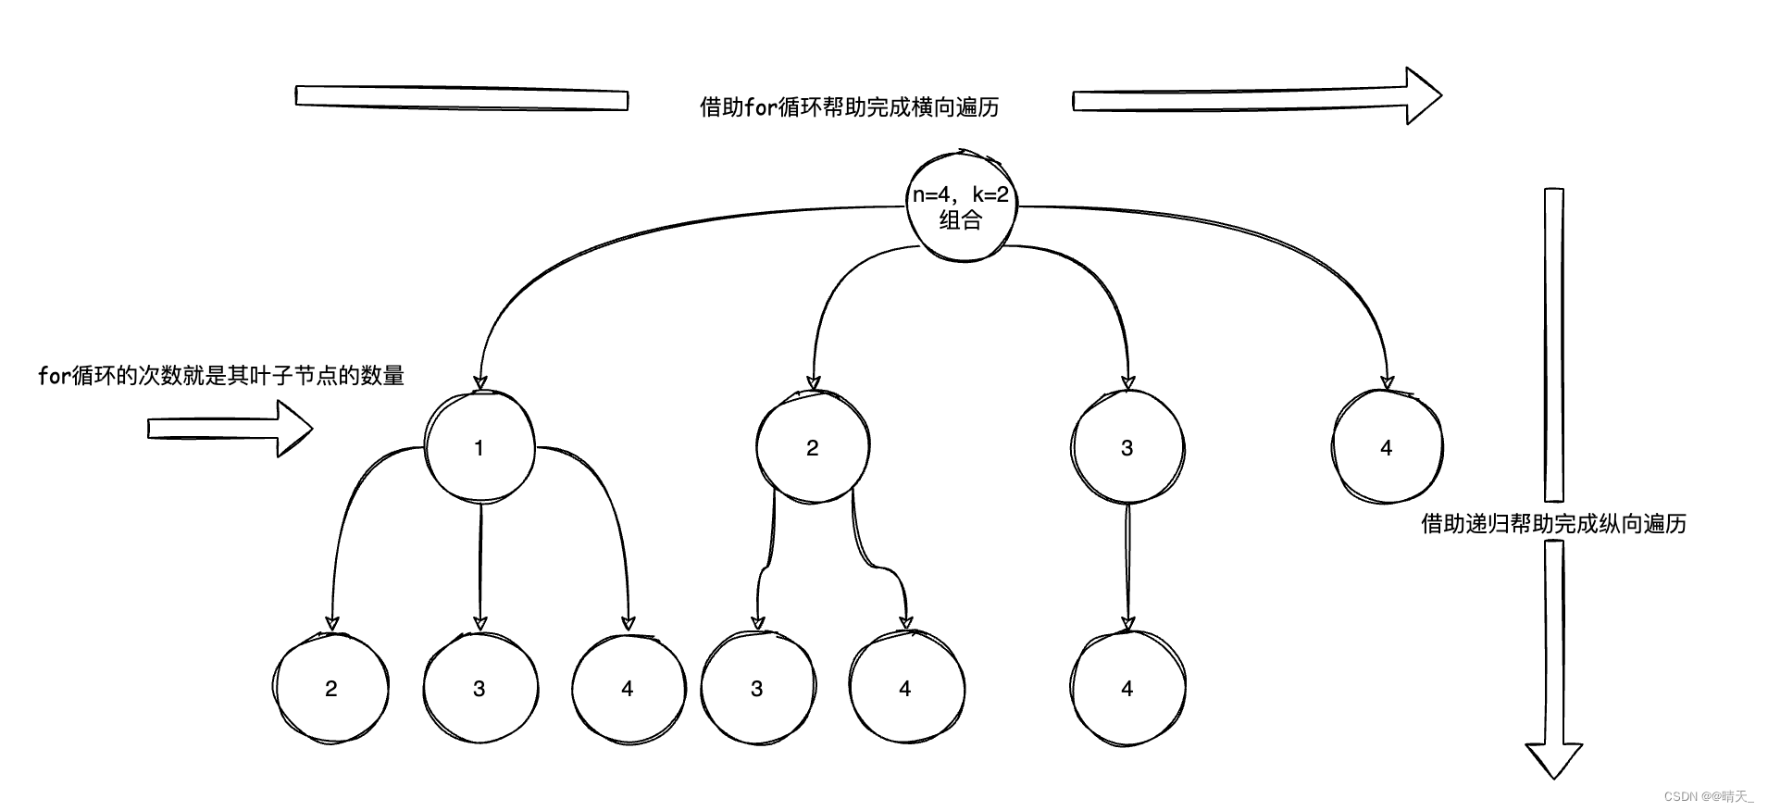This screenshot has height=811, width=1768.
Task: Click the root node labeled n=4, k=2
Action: point(960,206)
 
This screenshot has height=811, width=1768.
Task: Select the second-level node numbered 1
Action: point(479,448)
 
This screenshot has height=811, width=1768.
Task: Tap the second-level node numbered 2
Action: point(812,448)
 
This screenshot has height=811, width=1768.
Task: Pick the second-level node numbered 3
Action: point(1127,448)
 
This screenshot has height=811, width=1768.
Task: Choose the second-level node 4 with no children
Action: point(1386,448)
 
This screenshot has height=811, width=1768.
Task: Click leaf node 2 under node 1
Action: point(331,688)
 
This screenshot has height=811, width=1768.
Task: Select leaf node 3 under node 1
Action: point(479,688)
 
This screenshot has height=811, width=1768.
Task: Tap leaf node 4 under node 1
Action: point(628,688)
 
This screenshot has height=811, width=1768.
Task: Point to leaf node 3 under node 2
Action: point(757,688)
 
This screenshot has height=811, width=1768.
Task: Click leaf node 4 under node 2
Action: point(905,688)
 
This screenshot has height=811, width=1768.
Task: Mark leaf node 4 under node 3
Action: point(1127,688)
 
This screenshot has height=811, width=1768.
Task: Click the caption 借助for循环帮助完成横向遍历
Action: point(849,107)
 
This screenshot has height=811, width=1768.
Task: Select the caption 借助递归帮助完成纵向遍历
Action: point(1553,524)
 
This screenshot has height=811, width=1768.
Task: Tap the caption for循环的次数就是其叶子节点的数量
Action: point(221,376)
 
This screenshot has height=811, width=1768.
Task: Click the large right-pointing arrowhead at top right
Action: point(1422,95)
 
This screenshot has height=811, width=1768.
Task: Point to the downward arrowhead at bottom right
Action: point(1554,760)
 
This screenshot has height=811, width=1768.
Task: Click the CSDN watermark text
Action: point(1708,796)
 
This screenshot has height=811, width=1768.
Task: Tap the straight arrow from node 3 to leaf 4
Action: point(1127,565)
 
